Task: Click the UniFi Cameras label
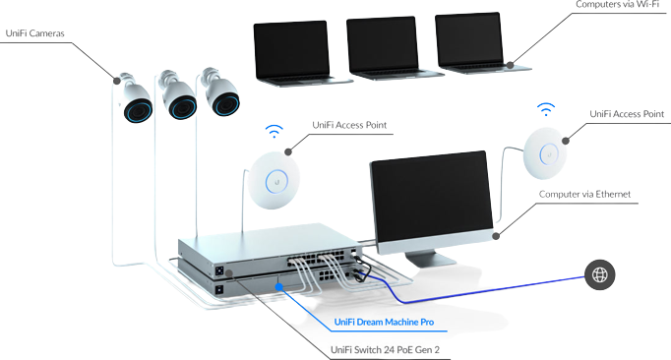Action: coord(35,33)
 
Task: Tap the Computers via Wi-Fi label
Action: coord(617,5)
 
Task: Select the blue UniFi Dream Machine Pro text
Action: coord(384,322)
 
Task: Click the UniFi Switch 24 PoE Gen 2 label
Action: coord(385,350)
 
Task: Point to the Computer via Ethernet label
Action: coord(584,195)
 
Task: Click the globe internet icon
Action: coord(599,274)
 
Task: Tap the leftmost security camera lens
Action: coord(138,110)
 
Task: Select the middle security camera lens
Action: coord(183,107)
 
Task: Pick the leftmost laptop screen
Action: coord(291,50)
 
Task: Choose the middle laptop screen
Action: coord(382,45)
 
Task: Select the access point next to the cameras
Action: coord(274,180)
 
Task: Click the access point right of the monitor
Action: coord(545,152)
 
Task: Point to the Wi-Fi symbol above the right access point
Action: coord(546,109)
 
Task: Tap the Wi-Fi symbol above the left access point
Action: coord(274,132)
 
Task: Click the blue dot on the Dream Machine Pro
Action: coord(279,287)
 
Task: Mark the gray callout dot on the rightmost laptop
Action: coord(510,65)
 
